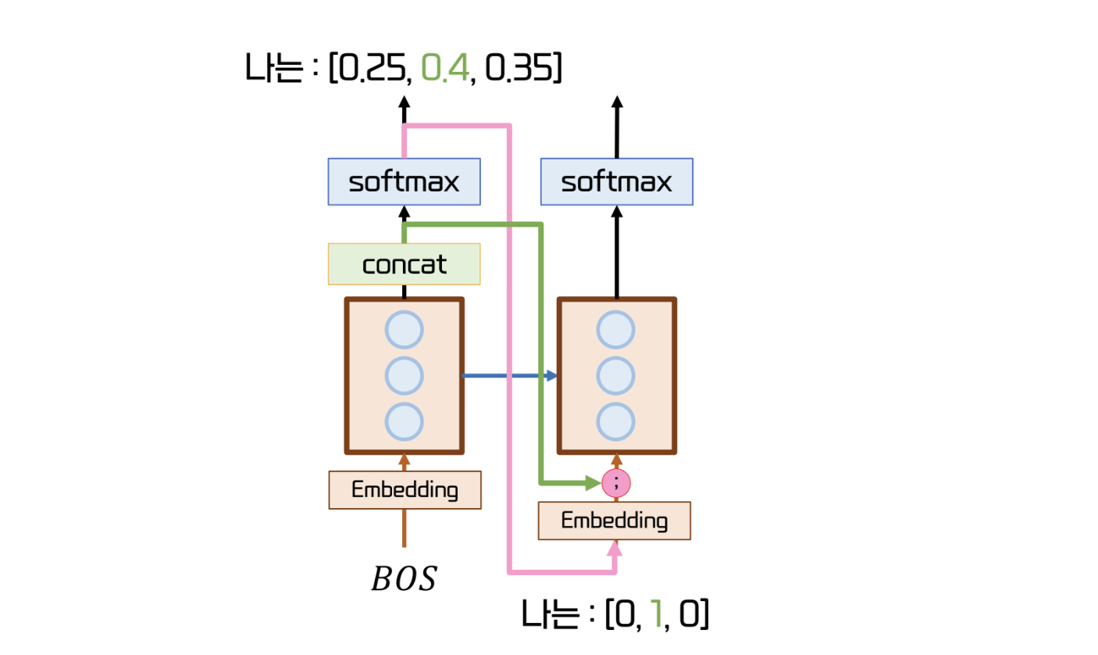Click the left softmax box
(404, 182)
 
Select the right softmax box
(616, 182)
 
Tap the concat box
(404, 264)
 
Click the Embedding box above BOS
(405, 490)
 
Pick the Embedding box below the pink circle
(615, 521)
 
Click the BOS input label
(404, 580)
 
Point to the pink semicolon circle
(616, 483)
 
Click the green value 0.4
(445, 70)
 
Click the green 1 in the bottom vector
(657, 615)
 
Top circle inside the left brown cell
(404, 330)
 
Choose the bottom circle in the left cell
(404, 421)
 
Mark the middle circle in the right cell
(616, 376)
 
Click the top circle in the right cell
(616, 330)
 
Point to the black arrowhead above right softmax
(616, 102)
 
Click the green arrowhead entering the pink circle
(594, 483)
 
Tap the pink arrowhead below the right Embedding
(615, 548)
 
